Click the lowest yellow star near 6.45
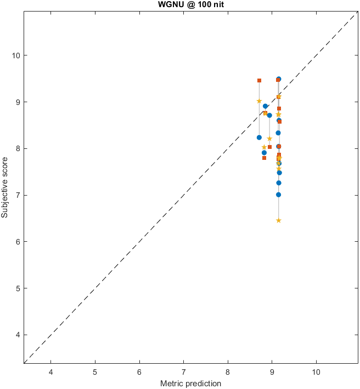(x=279, y=220)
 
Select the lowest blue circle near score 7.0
(x=279, y=194)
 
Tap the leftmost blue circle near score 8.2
(x=259, y=137)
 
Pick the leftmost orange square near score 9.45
(x=259, y=80)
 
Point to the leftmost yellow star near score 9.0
(x=259, y=101)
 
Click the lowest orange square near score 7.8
(x=265, y=158)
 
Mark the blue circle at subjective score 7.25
(x=279, y=183)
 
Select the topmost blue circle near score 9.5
(x=279, y=79)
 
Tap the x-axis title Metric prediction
(x=190, y=383)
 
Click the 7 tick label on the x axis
(x=184, y=371)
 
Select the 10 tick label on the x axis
(x=316, y=371)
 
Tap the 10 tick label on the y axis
(x=16, y=55)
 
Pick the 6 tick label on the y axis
(x=18, y=242)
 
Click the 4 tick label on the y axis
(x=18, y=335)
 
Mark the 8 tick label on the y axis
(x=18, y=148)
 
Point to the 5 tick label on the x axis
(x=95, y=371)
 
